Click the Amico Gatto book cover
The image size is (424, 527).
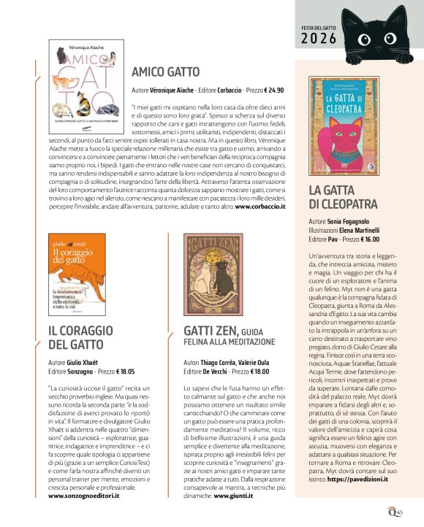coord(89,80)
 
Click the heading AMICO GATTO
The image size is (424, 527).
coord(165,72)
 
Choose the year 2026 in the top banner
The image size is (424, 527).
coord(319,38)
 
